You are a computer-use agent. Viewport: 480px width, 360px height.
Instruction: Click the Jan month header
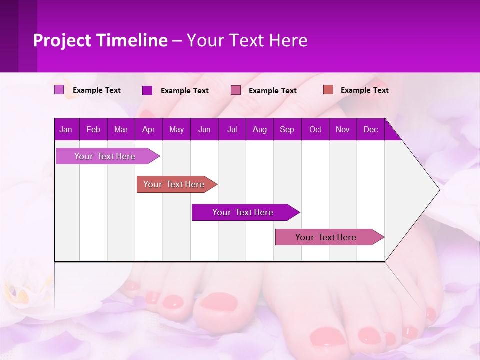tap(66, 130)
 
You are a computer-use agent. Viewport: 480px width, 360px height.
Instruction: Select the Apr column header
tap(148, 130)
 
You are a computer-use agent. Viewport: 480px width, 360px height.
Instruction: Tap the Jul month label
tap(232, 130)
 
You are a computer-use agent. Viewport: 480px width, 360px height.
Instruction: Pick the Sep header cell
tap(287, 130)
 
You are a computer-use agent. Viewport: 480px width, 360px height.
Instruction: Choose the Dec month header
tap(370, 130)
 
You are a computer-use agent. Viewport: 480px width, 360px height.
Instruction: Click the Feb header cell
tap(93, 130)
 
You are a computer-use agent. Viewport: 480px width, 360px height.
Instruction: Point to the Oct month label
tap(315, 130)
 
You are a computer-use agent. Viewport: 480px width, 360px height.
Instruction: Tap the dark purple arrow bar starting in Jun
tap(243, 212)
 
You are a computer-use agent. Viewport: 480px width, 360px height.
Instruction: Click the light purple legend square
tap(59, 90)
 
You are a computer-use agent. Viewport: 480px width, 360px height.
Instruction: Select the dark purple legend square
tap(147, 90)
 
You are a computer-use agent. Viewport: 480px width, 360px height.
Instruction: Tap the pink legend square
tap(236, 90)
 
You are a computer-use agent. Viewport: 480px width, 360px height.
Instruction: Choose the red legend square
tap(328, 90)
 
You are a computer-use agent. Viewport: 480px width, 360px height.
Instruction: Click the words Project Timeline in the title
tap(100, 40)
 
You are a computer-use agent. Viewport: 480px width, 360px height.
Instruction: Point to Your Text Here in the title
tap(247, 40)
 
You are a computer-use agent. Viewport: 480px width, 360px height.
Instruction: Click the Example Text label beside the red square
tap(364, 90)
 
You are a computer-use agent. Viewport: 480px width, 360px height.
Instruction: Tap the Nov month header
tap(343, 130)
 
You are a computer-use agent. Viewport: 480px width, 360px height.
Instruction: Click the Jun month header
tap(204, 130)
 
